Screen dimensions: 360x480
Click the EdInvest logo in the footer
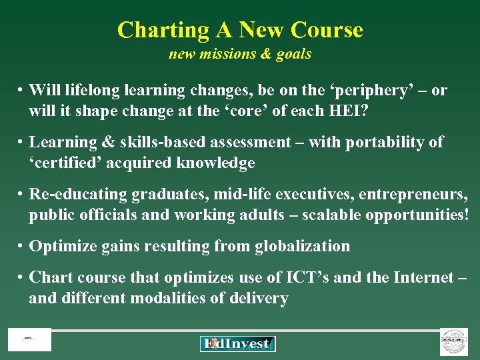[237, 343]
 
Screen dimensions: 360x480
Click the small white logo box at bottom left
[29, 340]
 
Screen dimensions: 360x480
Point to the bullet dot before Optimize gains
[22, 247]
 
